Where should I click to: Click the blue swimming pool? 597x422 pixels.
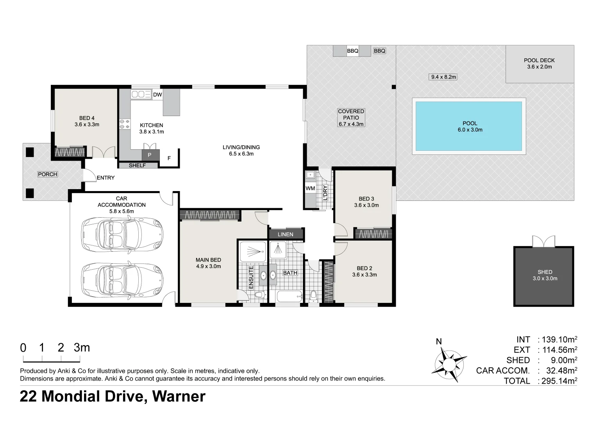tap(469, 126)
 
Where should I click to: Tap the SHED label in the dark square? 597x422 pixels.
tap(545, 272)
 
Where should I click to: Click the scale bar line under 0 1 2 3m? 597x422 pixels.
tap(52, 362)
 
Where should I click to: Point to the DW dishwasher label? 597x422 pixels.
tap(157, 95)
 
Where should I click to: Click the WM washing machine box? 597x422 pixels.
tap(310, 188)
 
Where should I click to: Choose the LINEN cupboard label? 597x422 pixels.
tap(286, 234)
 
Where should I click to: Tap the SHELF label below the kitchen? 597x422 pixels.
tap(137, 166)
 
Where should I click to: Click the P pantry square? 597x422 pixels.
tap(150, 155)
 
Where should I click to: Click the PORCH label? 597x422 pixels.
tap(47, 174)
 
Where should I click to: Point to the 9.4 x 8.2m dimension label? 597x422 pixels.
tap(443, 77)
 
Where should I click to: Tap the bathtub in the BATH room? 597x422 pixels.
tap(290, 296)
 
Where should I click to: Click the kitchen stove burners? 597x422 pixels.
tap(125, 124)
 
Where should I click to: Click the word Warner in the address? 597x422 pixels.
tap(179, 396)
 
